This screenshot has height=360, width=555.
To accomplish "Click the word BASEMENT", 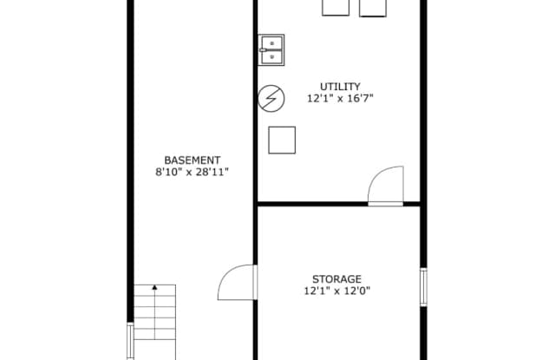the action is tap(193, 160).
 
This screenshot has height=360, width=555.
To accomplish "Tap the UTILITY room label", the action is tap(340, 87).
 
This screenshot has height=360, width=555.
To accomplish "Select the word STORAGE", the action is tap(337, 279).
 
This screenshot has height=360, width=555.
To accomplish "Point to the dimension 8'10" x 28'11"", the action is tap(193, 172).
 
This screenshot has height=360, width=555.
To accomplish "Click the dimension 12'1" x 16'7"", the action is tap(340, 98).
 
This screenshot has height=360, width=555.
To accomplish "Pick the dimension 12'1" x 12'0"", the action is tap(337, 291).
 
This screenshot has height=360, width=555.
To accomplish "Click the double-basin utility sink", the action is tap(271, 50).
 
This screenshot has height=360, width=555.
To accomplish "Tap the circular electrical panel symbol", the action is tap(271, 98).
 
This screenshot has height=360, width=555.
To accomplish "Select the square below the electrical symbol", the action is tap(282, 141).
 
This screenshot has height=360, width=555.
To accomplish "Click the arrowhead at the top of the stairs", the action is tap(154, 287).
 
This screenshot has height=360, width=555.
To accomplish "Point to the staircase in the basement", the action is tap(154, 322).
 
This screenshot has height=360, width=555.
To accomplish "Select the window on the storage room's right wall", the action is tap(423, 287).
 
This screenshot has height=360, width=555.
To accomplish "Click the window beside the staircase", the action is tap(130, 341).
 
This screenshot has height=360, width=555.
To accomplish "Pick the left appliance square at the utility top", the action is tap(336, 8).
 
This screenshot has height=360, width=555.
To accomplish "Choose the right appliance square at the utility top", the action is tap(373, 8).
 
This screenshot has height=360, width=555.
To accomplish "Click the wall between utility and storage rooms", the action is tap(339, 204).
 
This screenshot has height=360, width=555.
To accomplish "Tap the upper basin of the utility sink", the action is tap(271, 43).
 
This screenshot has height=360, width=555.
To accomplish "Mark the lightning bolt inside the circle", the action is tap(271, 98).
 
